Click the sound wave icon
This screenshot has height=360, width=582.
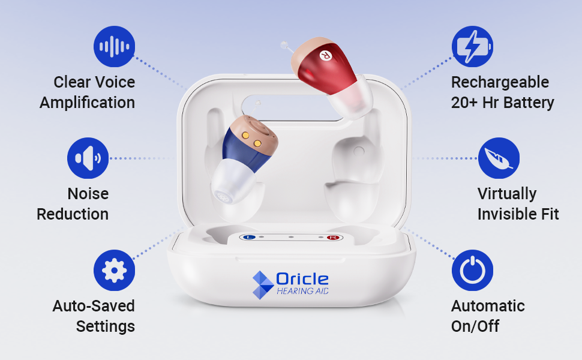pyautogui.click(x=115, y=47)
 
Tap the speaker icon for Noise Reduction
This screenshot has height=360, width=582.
pyautogui.click(x=88, y=158)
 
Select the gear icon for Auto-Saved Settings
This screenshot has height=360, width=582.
pyautogui.click(x=115, y=270)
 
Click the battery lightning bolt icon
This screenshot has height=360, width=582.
pyautogui.click(x=472, y=47)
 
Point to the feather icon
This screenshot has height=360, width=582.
pyautogui.click(x=499, y=158)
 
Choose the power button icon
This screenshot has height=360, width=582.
pyautogui.click(x=472, y=270)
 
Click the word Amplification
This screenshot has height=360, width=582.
pyautogui.click(x=87, y=103)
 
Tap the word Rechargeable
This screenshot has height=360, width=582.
pyautogui.click(x=500, y=83)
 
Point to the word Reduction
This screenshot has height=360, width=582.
pyautogui.click(x=73, y=214)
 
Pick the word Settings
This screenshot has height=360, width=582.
pyautogui.click(x=106, y=326)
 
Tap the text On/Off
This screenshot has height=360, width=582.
pyautogui.click(x=475, y=326)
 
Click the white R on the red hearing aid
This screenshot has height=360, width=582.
pyautogui.click(x=325, y=56)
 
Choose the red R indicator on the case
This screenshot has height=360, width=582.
pyautogui.click(x=333, y=238)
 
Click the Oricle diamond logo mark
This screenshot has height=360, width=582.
pyautogui.click(x=263, y=285)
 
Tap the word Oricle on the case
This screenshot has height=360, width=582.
pyautogui.click(x=302, y=280)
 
